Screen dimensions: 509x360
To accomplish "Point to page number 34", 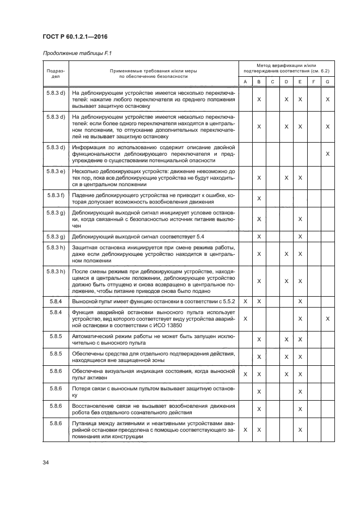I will pos(45,463).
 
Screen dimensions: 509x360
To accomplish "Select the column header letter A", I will pos(245,82).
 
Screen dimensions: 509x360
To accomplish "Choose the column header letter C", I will pos(272,82).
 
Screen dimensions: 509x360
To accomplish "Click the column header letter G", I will pos(327,82).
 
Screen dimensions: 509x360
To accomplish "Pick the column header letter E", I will pos(300,82).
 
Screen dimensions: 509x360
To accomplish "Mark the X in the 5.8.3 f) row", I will pos(259,198).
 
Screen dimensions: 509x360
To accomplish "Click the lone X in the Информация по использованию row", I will pos(327,154).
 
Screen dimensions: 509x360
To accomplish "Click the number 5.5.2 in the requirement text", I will pos(227,301).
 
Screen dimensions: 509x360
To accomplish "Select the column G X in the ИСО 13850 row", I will pos(327,318).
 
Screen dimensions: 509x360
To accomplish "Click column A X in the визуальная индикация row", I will pos(245,374).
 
